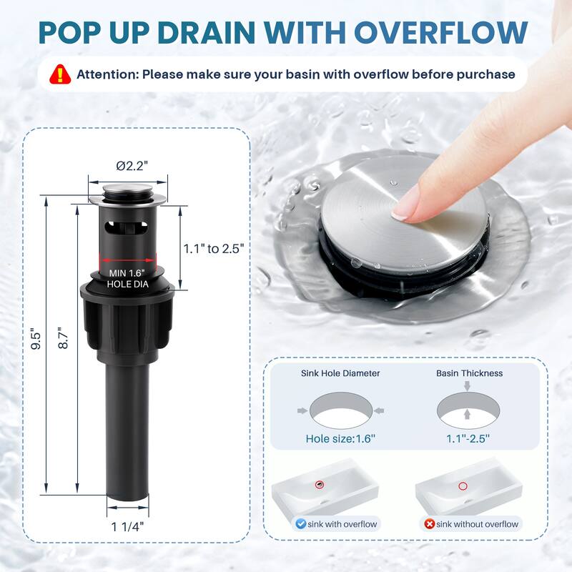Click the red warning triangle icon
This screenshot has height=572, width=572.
pos(60,74)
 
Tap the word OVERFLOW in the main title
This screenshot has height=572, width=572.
pos(441,33)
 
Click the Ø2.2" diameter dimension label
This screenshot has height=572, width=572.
pos(132,166)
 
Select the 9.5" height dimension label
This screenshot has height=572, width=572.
pos(36,341)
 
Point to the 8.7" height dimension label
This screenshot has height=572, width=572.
pos(63,337)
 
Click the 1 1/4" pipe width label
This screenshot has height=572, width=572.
pos(127,527)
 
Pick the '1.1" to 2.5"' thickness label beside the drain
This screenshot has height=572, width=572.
pos(213,249)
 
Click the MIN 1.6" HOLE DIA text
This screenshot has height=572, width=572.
pos(127,278)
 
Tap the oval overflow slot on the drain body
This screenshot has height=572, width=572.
pos(127,227)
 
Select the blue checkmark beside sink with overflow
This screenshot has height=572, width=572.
pos(300,524)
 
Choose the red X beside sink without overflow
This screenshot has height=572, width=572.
pos(430,524)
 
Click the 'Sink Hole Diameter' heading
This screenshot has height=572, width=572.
pos(340,373)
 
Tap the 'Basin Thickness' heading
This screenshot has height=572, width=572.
pos(470,373)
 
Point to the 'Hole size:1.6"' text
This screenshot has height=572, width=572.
pos(340,438)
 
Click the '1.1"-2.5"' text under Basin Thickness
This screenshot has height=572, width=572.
pos(468,438)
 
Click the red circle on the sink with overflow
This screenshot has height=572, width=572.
pos(320,485)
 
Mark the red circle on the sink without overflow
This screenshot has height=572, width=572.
pos(463,486)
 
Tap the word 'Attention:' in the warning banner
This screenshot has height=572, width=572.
pos(108,74)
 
